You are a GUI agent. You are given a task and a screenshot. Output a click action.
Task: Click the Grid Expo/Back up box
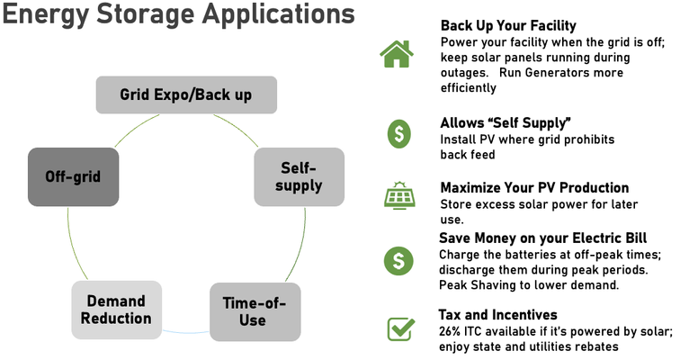(x=186, y=94)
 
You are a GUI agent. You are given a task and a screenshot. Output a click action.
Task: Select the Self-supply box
(x=299, y=176)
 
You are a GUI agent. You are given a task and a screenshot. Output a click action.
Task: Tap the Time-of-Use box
(x=255, y=311)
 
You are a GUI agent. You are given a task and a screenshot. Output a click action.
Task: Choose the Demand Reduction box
(x=116, y=309)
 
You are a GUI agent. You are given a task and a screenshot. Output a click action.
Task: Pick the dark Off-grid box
(x=73, y=176)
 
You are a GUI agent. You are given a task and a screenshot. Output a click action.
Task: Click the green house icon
(x=397, y=54)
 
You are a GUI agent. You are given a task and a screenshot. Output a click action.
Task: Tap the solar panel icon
(x=398, y=195)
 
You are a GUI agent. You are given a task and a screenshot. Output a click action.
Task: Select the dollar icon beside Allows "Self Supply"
(x=398, y=133)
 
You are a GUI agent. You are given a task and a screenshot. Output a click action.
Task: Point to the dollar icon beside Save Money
(x=398, y=261)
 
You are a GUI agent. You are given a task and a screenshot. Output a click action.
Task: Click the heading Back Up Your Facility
(x=508, y=25)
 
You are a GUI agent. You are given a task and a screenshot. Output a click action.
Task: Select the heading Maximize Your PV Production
(x=534, y=187)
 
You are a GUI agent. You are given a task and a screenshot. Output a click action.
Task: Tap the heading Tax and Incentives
(x=497, y=315)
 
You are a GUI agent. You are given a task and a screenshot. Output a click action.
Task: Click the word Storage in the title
(x=148, y=17)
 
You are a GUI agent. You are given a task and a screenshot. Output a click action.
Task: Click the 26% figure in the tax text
(x=452, y=330)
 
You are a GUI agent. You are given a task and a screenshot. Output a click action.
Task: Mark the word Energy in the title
(x=44, y=17)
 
